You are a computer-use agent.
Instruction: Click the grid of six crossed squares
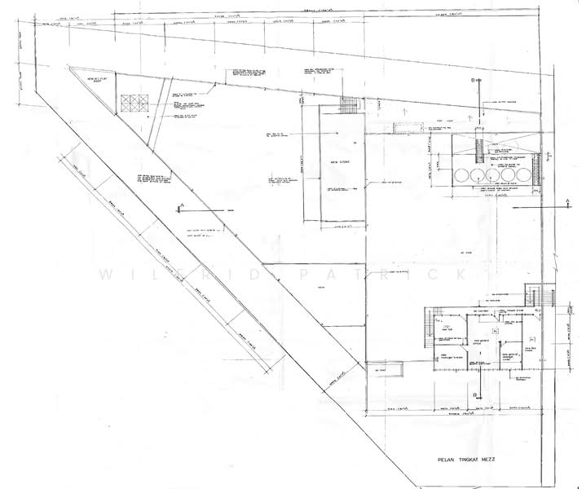[131, 104]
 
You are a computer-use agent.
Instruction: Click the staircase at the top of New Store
[348, 107]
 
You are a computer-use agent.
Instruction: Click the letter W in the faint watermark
[104, 275]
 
